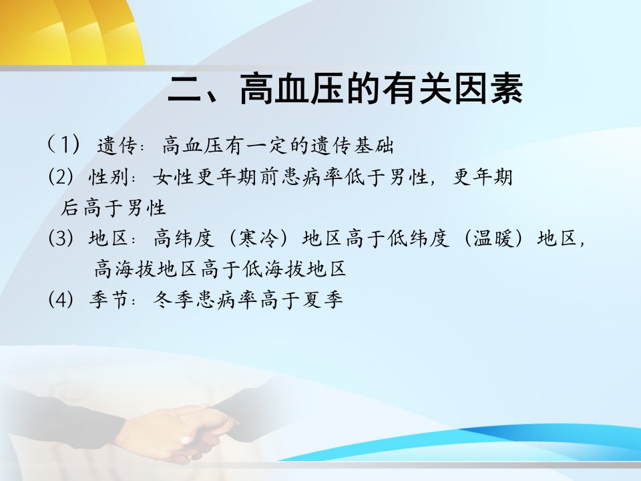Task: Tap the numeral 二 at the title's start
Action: (x=184, y=89)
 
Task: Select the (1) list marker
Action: (x=63, y=145)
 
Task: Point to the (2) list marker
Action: (x=61, y=176)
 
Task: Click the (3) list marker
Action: (x=61, y=238)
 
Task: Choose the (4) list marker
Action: (x=61, y=299)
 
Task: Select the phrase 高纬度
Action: (x=184, y=238)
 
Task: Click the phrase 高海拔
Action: (x=125, y=269)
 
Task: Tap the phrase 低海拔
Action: (x=274, y=269)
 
